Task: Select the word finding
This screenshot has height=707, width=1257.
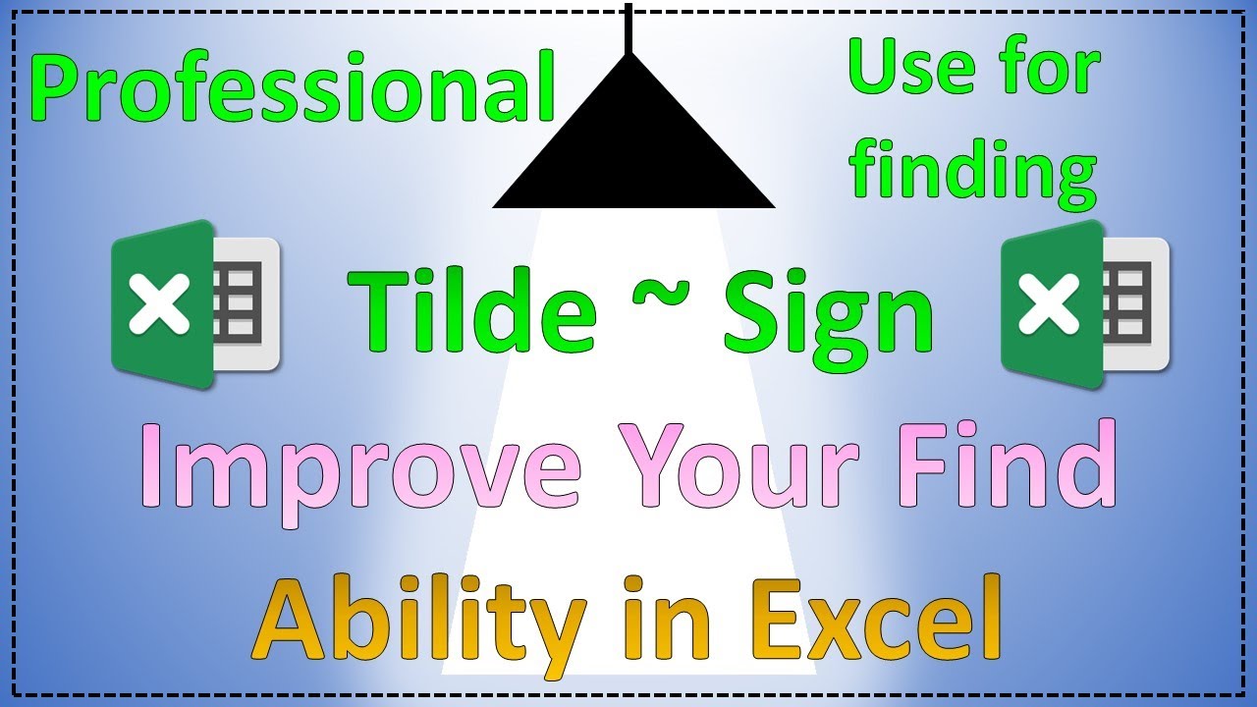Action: (972, 172)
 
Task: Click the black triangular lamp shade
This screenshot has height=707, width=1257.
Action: (632, 147)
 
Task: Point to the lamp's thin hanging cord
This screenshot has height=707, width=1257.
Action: (628, 27)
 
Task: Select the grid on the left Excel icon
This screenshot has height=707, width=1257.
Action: (241, 302)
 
